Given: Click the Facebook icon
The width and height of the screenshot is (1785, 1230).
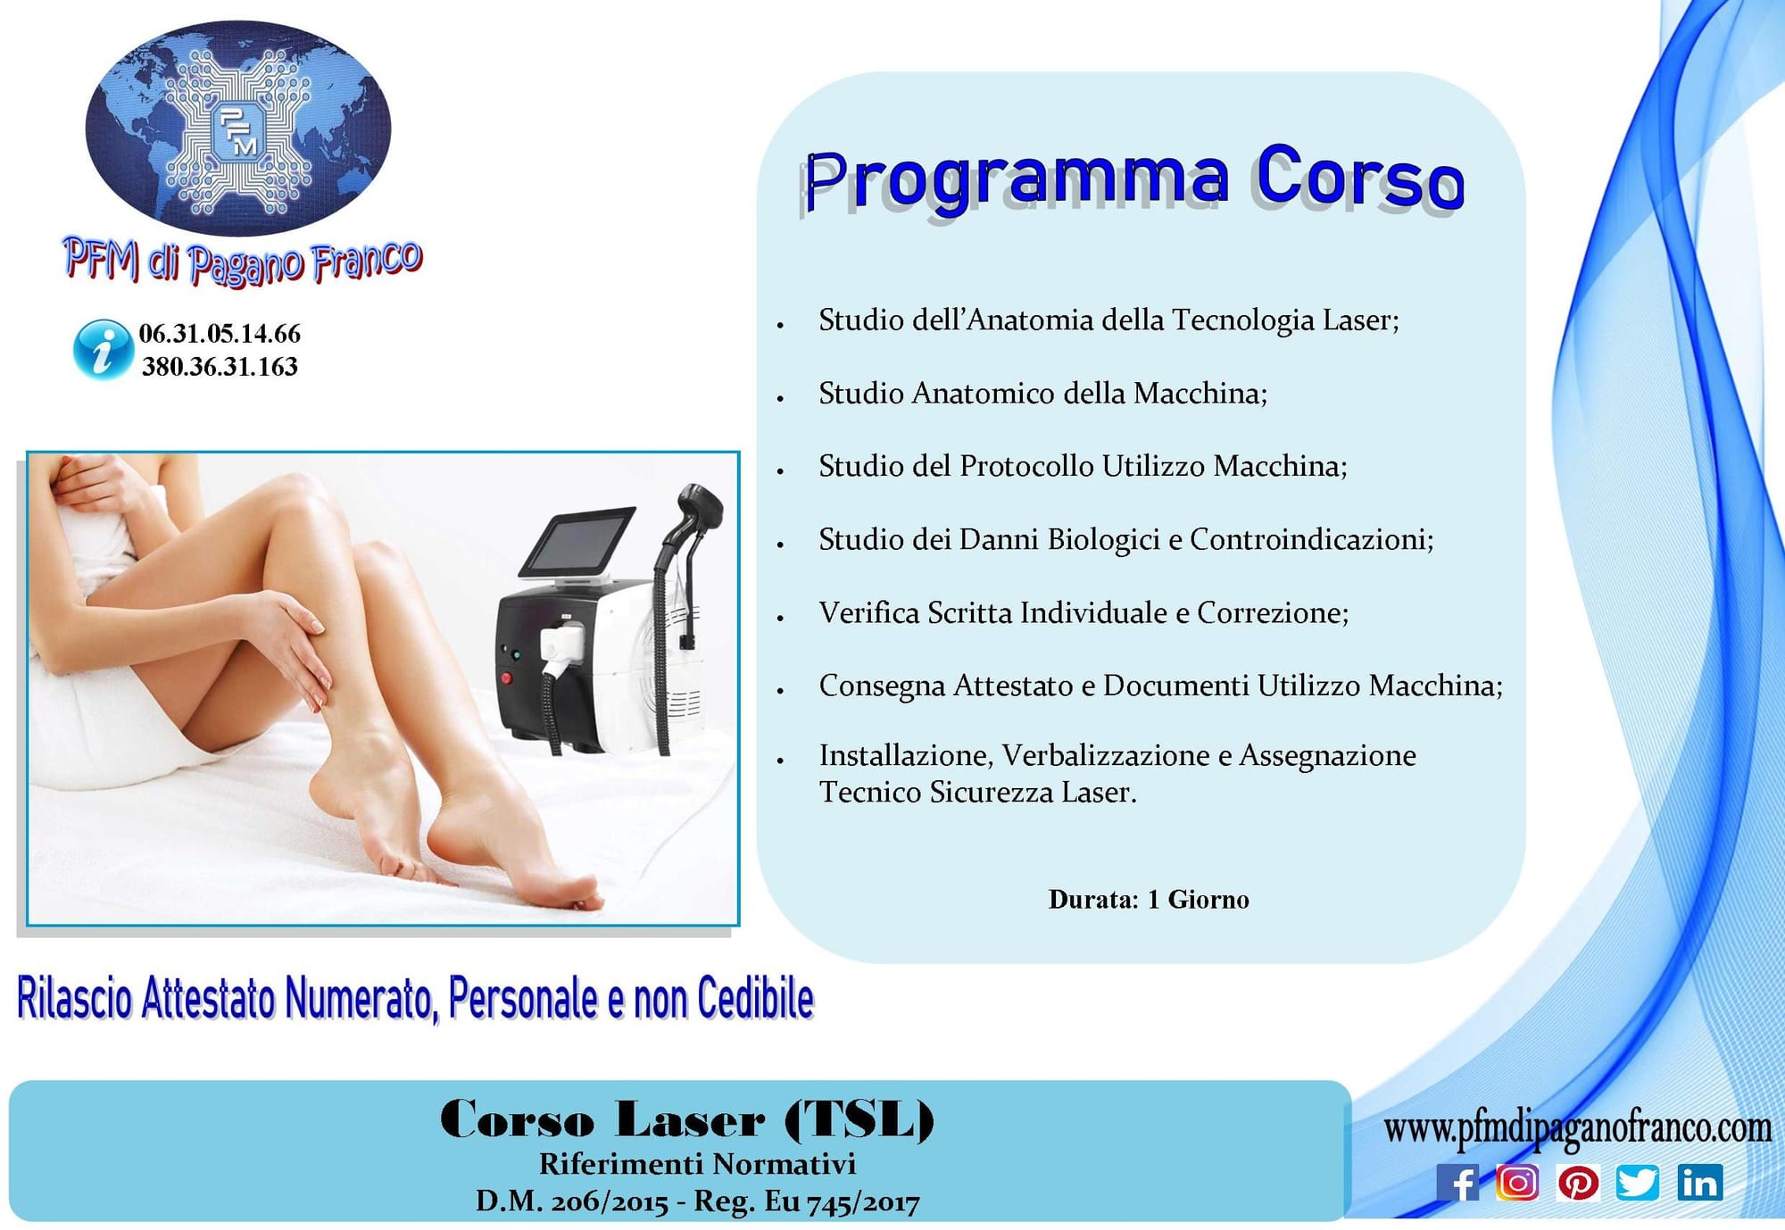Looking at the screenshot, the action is coord(1457,1183).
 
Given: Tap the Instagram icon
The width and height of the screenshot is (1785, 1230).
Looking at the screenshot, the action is coord(1517,1183).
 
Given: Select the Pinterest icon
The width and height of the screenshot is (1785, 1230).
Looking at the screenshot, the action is coord(1578,1183).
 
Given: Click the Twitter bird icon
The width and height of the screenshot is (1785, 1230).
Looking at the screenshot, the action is coord(1638,1183).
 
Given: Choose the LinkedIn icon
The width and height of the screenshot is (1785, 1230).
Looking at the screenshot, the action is coord(1699,1183).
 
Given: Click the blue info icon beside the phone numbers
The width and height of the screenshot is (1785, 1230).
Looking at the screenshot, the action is coord(103,350).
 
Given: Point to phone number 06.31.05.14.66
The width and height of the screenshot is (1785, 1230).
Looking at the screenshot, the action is coord(220,334).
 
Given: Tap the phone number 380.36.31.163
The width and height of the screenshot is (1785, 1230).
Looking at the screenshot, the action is coord(220,367).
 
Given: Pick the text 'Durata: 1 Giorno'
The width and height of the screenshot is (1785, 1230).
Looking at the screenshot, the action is coord(1149,899).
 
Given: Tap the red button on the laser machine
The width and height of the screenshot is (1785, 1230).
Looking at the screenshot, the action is coord(506,678).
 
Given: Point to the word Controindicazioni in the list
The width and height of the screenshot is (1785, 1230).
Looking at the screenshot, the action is coord(1311,539).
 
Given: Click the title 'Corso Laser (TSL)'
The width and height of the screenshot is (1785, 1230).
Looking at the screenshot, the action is coord(686,1119).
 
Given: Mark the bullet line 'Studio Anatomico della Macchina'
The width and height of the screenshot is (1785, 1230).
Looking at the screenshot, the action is coord(1042,393).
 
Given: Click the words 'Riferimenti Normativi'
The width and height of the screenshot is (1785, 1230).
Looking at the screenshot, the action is coord(697,1164).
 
